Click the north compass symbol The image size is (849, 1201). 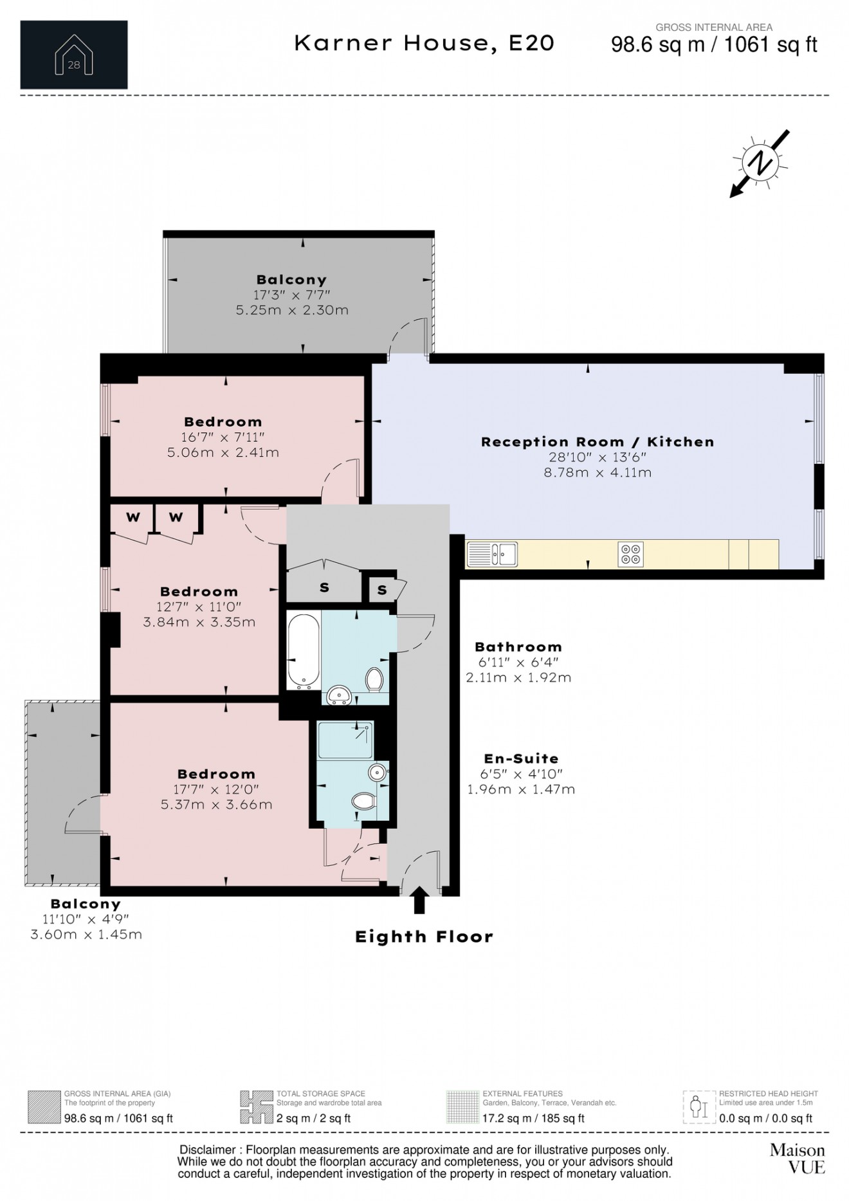tap(760, 163)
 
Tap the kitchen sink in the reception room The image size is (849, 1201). tap(492, 554)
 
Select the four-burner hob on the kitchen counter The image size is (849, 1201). tap(630, 554)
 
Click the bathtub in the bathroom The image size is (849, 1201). tap(303, 651)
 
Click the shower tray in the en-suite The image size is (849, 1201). tap(345, 740)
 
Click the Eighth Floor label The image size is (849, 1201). tap(424, 937)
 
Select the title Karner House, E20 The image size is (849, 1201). tap(424, 43)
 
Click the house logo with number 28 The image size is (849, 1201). tap(74, 55)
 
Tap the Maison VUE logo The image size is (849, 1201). tap(798, 1159)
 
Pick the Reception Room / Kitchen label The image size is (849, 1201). tap(598, 442)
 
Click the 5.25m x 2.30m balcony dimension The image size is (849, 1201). tap(292, 310)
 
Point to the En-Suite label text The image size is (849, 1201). tap(521, 759)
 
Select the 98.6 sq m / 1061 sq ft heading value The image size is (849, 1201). tap(714, 44)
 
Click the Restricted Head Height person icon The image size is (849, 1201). tap(700, 1107)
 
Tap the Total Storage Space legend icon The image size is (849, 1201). tap(256, 1107)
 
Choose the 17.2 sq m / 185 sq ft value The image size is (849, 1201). tap(533, 1118)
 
